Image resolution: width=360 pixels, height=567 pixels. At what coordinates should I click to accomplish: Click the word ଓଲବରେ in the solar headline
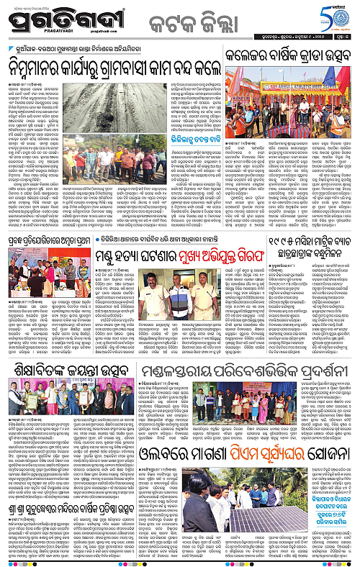[x=157, y=436]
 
